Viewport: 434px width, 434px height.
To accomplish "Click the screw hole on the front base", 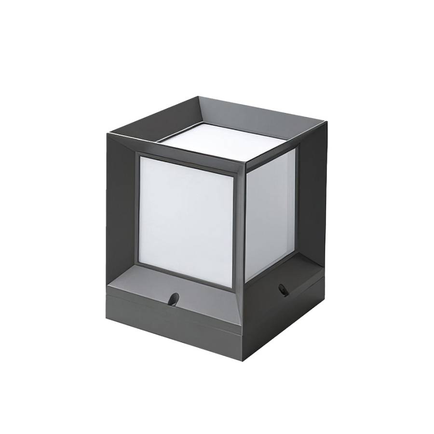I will (173, 299).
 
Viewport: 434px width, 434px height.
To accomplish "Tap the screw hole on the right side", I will (284, 290).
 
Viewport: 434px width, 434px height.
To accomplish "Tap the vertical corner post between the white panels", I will (241, 222).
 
